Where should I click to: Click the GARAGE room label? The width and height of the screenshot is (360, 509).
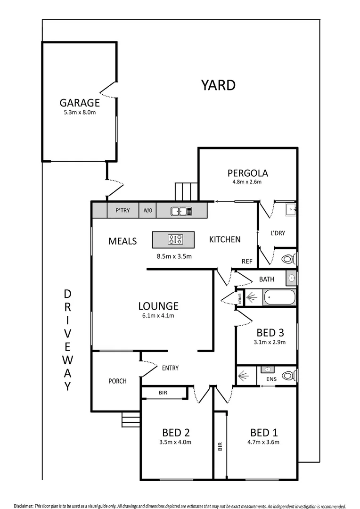(x=80, y=103)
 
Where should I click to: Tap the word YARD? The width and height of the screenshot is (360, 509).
(x=218, y=85)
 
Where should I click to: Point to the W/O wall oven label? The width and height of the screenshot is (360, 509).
(x=147, y=211)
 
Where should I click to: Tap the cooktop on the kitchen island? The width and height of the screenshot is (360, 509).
(x=176, y=239)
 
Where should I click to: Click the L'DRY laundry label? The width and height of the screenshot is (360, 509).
(x=277, y=233)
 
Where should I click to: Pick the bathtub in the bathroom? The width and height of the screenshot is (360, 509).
(x=279, y=298)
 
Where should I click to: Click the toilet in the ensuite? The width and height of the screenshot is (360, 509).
(x=288, y=376)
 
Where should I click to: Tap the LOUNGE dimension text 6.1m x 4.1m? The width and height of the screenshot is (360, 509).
(x=158, y=316)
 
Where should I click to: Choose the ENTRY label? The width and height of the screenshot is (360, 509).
(x=170, y=368)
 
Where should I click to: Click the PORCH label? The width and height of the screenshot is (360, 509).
(x=117, y=381)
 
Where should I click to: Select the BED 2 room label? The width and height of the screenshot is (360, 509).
(x=176, y=432)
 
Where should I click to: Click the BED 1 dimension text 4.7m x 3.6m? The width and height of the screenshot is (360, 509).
(x=264, y=442)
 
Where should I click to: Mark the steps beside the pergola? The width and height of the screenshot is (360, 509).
(x=186, y=191)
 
